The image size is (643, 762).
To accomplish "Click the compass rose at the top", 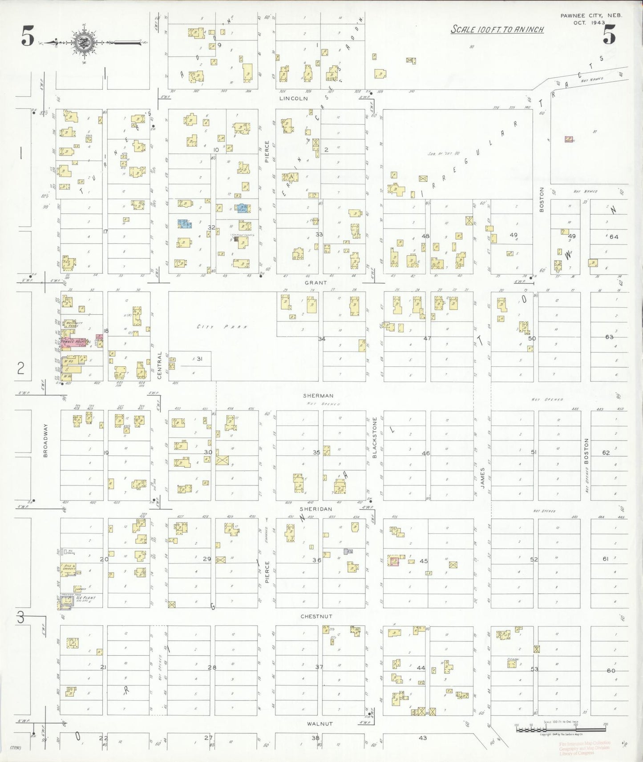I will click(x=83, y=43).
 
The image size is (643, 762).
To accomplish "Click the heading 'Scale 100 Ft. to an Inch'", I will click(x=497, y=30).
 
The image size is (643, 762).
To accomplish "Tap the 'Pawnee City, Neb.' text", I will click(x=591, y=16).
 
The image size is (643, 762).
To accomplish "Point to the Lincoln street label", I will click(x=293, y=98).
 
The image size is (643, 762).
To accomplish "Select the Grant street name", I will click(x=316, y=282).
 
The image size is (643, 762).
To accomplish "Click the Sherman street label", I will click(x=318, y=396).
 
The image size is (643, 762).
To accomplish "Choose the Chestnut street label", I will click(x=316, y=617).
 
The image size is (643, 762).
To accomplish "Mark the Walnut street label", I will click(x=320, y=724).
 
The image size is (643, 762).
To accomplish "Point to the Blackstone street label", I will click(x=375, y=437).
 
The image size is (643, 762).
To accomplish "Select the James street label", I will click(x=482, y=478).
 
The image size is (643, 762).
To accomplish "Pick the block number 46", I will click(x=425, y=453).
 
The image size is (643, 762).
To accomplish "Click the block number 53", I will click(x=534, y=669).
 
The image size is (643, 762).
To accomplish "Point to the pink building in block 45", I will click(x=394, y=561).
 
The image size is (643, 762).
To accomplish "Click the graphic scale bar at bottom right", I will click(x=561, y=730).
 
